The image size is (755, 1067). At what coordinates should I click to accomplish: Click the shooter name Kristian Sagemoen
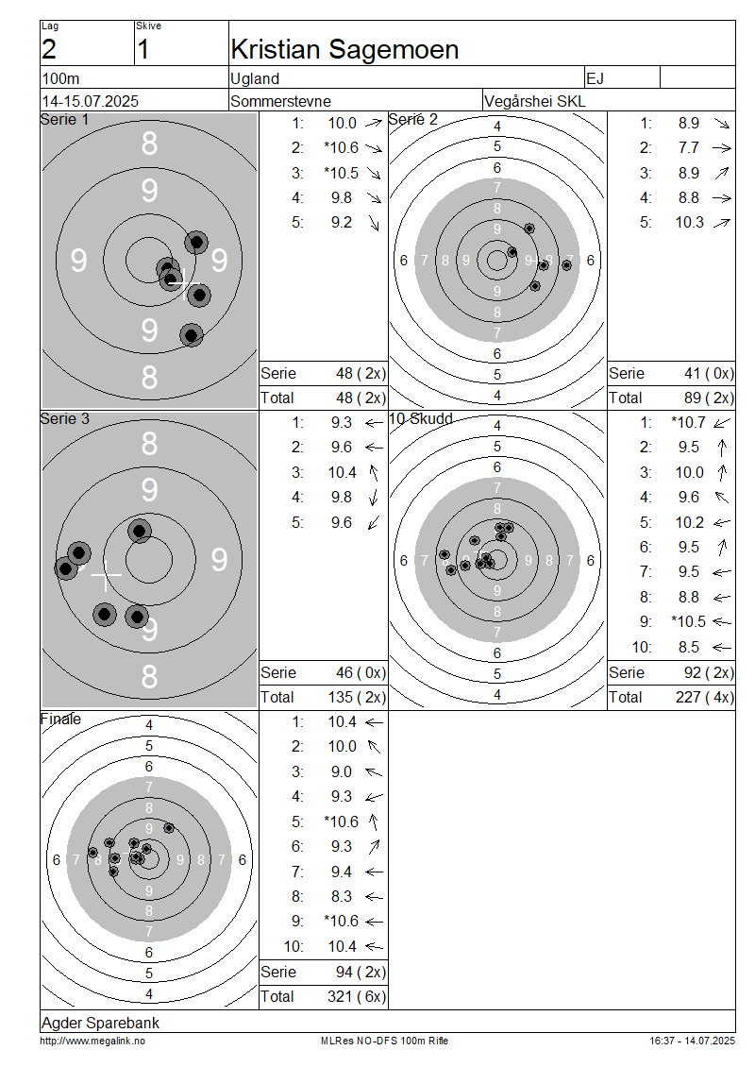click(344, 50)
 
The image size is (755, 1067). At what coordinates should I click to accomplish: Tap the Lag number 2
click(49, 50)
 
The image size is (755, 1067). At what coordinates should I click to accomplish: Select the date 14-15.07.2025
click(91, 101)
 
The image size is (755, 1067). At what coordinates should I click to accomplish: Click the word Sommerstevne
click(281, 101)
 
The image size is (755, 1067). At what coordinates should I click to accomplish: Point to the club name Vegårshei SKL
click(534, 101)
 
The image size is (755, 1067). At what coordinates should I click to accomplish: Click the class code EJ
click(595, 78)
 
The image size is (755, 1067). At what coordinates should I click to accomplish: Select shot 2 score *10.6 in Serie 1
click(341, 147)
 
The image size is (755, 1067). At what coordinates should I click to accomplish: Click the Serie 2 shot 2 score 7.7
click(688, 147)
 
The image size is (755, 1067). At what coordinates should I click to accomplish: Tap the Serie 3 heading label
click(64, 418)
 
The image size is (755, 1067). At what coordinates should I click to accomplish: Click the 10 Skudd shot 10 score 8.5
click(688, 647)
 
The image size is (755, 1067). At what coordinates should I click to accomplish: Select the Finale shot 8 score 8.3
click(342, 897)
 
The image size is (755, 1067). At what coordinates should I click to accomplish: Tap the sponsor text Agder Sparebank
click(101, 1023)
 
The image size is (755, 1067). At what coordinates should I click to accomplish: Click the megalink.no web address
click(92, 1041)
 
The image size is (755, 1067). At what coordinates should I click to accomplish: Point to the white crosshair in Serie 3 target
click(106, 575)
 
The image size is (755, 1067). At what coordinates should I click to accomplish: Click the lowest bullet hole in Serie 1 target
click(192, 335)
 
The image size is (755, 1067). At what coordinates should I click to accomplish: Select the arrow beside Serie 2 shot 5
click(722, 223)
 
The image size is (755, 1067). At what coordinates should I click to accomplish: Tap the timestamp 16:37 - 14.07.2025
click(693, 1041)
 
